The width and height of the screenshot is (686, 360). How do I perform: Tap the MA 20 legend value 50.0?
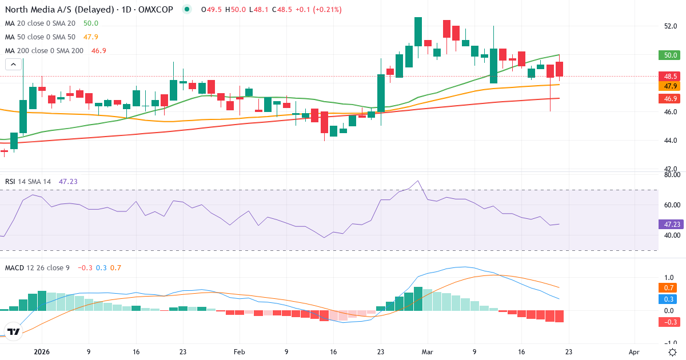(x=91, y=23)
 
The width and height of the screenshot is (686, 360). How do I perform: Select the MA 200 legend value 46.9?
(x=98, y=50)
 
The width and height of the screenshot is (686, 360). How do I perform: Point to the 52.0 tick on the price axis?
(x=671, y=26)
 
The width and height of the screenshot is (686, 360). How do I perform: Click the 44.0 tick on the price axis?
(x=671, y=141)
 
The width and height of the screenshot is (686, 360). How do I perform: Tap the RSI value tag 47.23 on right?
(x=671, y=225)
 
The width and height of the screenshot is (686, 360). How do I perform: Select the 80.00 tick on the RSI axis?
(x=672, y=175)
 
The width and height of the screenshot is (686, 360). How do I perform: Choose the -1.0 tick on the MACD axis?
(x=671, y=333)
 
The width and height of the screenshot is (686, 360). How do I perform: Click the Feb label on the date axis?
(x=239, y=352)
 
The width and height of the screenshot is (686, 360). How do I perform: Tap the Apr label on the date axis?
(x=633, y=352)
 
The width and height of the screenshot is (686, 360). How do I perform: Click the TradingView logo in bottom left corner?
(x=14, y=331)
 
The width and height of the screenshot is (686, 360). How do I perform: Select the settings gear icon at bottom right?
(x=672, y=351)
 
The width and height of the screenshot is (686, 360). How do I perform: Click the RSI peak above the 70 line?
(x=418, y=181)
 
